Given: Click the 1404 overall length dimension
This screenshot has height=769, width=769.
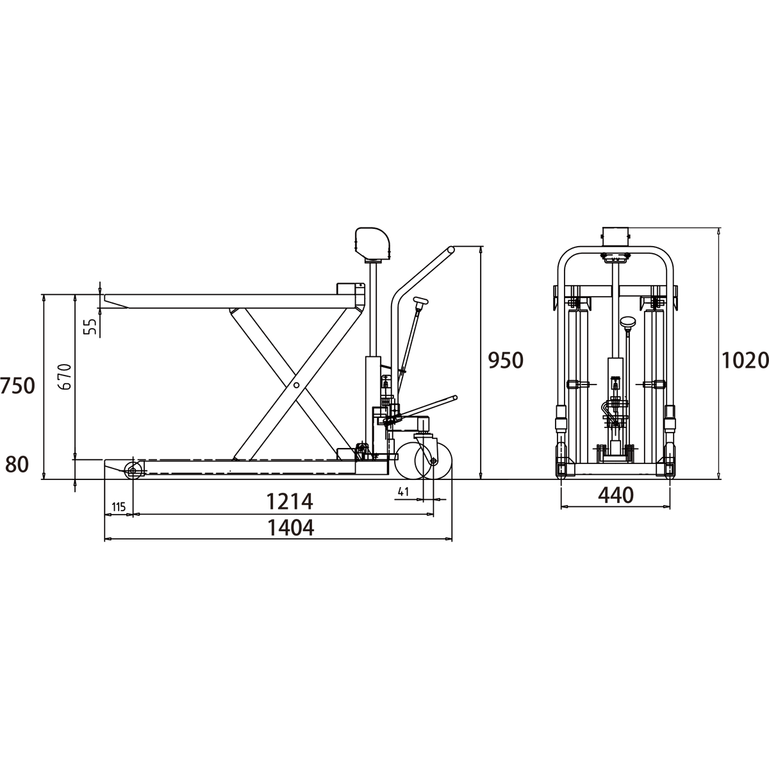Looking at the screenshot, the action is pos(290,527).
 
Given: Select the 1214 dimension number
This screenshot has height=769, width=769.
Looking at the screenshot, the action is pos(289,501).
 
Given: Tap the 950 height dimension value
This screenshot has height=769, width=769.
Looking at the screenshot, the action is pos(506,361).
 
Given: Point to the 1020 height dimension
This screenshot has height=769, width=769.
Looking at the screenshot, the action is pos(745,361).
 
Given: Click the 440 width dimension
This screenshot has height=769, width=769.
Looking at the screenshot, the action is pos(616,495).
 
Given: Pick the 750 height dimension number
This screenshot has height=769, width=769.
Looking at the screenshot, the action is pos(17,386).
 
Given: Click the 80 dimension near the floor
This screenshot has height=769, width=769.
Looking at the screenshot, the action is pos(17,465).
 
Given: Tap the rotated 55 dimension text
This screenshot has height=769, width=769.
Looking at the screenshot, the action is pos(92,326).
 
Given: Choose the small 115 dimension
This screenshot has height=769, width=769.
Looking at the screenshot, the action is pos(119,507).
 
